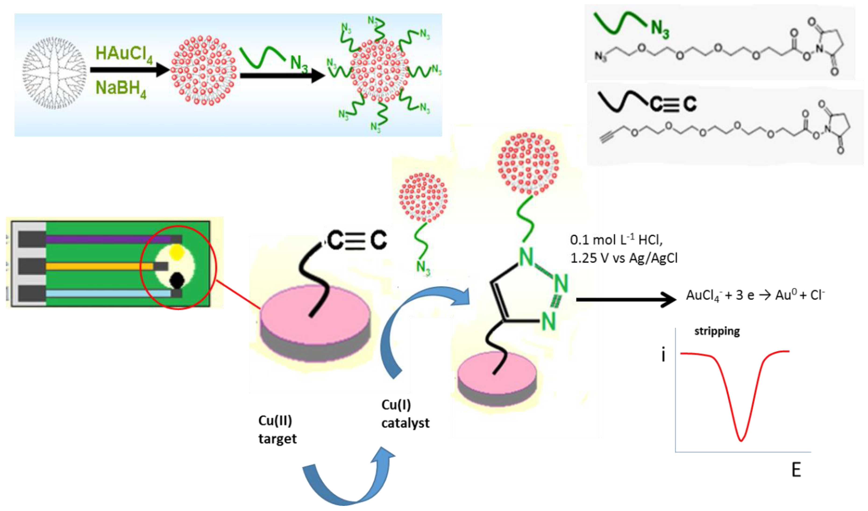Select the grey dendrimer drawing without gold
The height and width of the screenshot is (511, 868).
pos(54,73)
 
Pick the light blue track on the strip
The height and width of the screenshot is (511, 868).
pos(108,294)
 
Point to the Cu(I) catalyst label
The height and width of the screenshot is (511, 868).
pos(405,414)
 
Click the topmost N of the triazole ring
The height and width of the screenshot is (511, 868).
pos(526,257)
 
